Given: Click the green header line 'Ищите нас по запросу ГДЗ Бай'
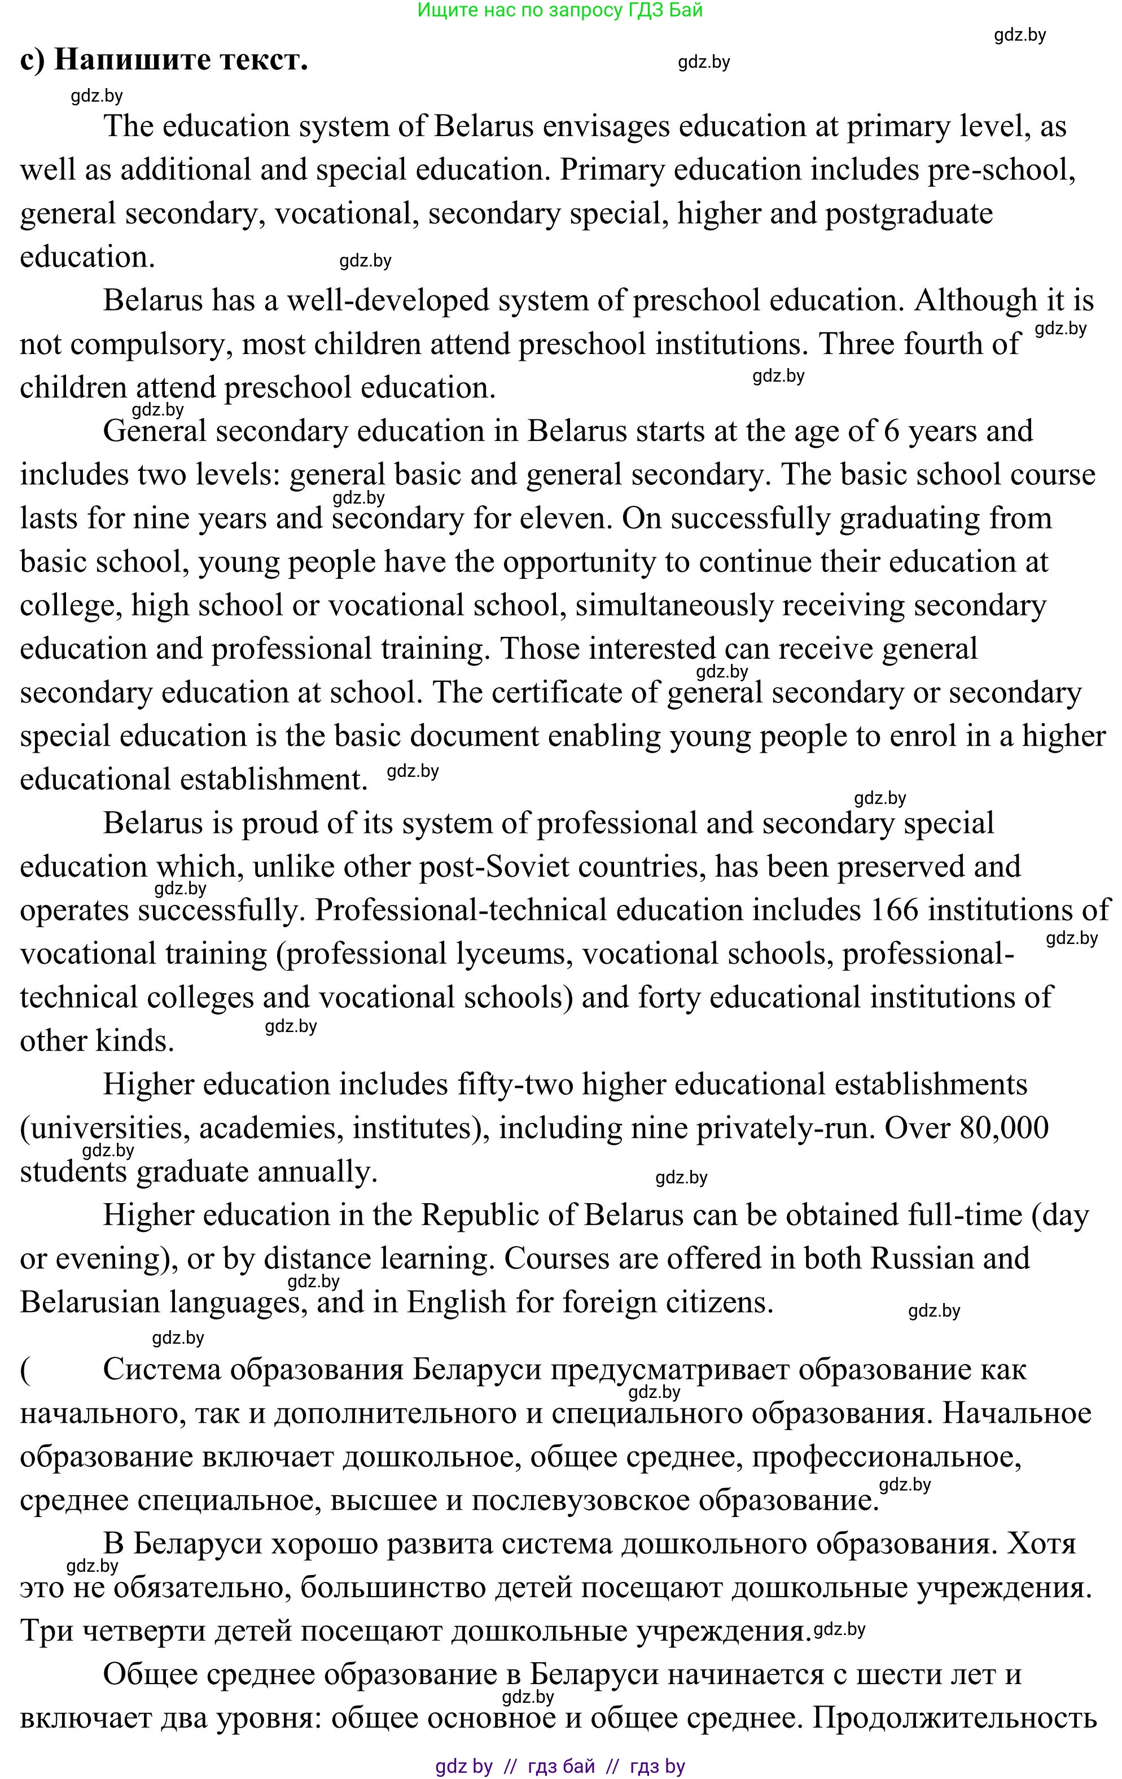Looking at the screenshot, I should pyautogui.click(x=560, y=10).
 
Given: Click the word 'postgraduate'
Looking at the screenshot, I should pyautogui.click(x=909, y=214).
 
